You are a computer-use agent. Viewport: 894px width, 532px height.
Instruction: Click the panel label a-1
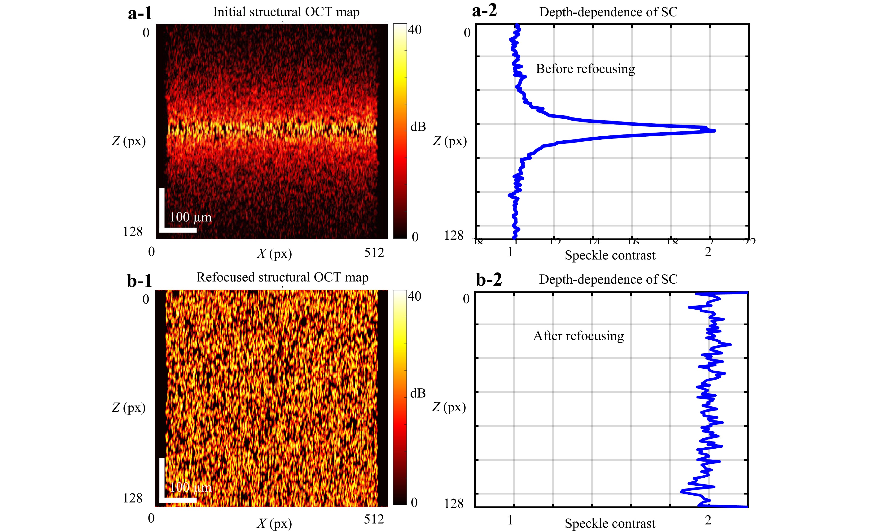point(140,14)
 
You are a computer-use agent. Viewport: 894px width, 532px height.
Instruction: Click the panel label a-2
point(484,11)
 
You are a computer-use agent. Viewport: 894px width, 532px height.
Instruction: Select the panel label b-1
point(140,281)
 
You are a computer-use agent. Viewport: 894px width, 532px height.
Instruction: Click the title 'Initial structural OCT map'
point(286,12)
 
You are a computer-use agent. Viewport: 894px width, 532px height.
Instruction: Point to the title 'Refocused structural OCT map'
point(282,277)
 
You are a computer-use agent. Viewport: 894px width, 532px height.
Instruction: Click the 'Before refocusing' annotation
point(585,69)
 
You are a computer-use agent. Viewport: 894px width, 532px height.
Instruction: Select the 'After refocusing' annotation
point(578,336)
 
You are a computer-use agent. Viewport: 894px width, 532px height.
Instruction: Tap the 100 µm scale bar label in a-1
point(190,217)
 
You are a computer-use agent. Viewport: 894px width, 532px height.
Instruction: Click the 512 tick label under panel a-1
point(374,253)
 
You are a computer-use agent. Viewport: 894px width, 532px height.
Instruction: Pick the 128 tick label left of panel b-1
point(133,498)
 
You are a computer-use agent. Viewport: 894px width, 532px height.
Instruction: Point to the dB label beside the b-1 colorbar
point(418,393)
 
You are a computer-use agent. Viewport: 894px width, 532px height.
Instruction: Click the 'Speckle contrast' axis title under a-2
point(610,255)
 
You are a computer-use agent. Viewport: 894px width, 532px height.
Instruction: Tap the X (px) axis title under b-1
point(274,524)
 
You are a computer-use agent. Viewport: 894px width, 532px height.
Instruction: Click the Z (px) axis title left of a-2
point(450,141)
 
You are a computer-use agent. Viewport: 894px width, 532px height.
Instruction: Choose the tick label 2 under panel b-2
point(708,519)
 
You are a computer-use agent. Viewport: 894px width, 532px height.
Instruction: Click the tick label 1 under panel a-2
point(510,252)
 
